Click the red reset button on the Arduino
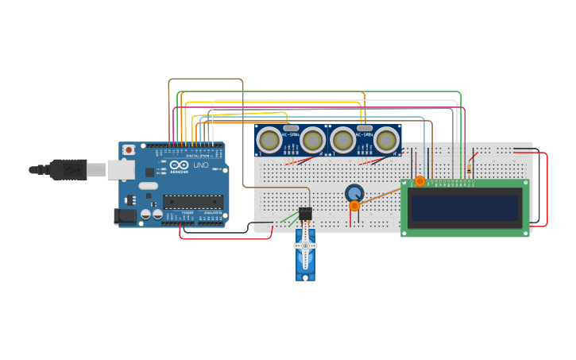tap(129, 149)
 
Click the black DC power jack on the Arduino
tap(124, 215)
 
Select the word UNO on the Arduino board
tap(200, 165)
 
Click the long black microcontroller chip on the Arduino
tap(193, 202)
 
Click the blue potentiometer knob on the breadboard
tap(354, 192)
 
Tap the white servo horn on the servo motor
tap(305, 246)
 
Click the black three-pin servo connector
tap(305, 214)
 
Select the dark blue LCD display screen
tap(464, 208)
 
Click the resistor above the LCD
tap(469, 168)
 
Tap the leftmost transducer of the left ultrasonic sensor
tap(269, 141)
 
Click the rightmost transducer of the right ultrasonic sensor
tap(387, 141)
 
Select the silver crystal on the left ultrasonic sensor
tap(291, 128)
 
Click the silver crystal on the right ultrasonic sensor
tap(365, 128)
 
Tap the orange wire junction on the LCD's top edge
tap(419, 181)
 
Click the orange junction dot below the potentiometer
tap(354, 206)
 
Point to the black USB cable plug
tap(68, 168)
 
